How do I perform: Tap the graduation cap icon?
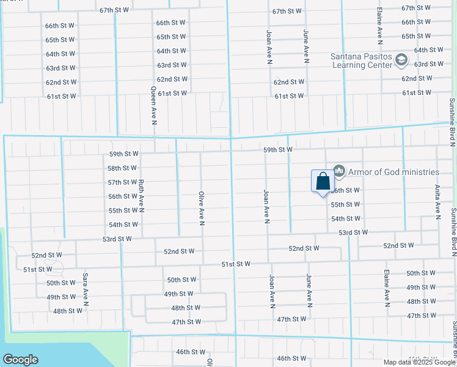[x=401, y=59]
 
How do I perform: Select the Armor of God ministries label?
[x=394, y=172]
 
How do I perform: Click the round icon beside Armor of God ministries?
[x=339, y=171]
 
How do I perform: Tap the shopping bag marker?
[x=323, y=182]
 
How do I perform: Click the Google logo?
[x=20, y=359]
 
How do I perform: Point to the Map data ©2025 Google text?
[x=419, y=362]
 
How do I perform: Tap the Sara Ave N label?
[x=86, y=289]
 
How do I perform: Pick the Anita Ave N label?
[x=437, y=202]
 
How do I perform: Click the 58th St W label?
[x=122, y=168]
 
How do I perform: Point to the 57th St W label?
[x=122, y=182]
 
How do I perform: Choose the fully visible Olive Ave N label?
[x=201, y=208]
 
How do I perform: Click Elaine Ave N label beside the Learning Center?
[x=379, y=29]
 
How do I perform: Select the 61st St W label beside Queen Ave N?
[x=172, y=94]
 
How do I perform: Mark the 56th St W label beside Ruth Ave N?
[x=122, y=196]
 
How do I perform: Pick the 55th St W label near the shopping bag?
[x=345, y=204]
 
